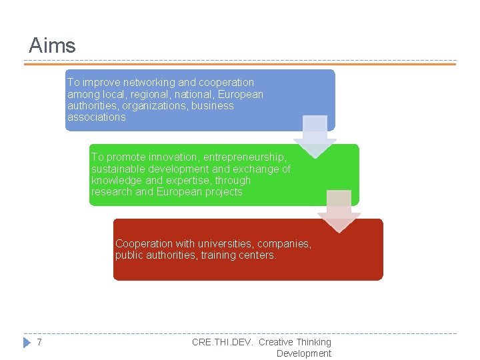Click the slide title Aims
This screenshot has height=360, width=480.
pos(52,45)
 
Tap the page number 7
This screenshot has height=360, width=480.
pos(39,342)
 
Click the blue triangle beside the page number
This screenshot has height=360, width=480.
pos(27,342)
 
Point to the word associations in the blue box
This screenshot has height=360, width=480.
pos(96,117)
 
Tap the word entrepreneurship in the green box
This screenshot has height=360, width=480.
pos(245,157)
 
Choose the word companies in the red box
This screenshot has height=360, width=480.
pos(284,243)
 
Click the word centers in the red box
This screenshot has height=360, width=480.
pos(257,255)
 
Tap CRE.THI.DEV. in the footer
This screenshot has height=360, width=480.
pos(222,342)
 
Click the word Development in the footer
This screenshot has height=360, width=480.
pos(303,353)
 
